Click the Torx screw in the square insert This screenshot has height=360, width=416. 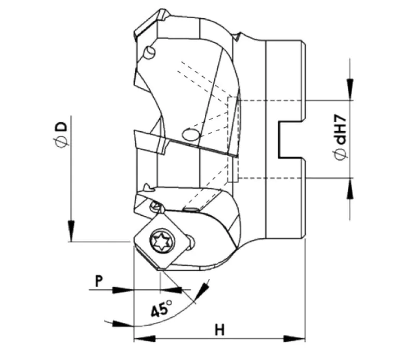point(158,241)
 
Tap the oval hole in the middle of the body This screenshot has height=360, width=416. point(189,135)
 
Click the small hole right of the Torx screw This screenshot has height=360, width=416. point(191,241)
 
